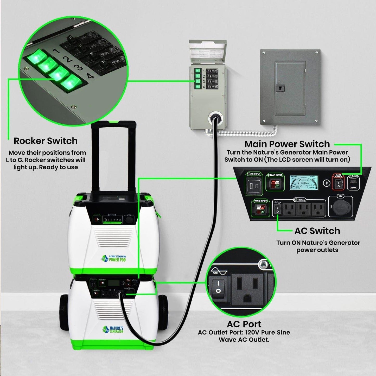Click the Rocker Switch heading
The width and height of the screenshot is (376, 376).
click(x=46, y=141)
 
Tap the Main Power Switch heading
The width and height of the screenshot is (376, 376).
click(x=287, y=144)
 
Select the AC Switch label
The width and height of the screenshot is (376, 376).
click(x=317, y=231)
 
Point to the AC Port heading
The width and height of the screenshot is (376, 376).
click(x=244, y=324)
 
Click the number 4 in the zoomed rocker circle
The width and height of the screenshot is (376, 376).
click(x=90, y=76)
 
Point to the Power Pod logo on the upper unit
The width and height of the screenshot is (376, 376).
click(x=113, y=258)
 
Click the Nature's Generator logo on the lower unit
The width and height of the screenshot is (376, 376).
click(x=113, y=329)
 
